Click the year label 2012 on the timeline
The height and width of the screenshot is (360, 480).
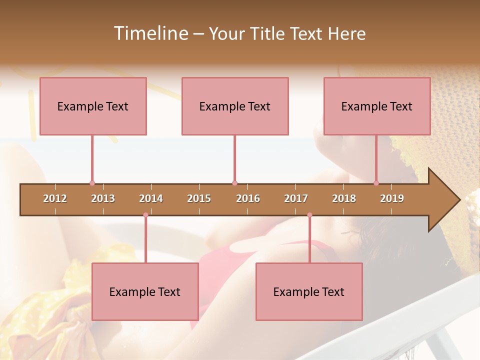pyautogui.click(x=55, y=198)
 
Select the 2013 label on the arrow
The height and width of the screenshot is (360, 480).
pyautogui.click(x=103, y=198)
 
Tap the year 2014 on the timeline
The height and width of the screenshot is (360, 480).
pyautogui.click(x=151, y=198)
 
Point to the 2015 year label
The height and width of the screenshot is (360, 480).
pyautogui.click(x=199, y=198)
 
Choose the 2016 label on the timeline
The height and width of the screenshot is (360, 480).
pyautogui.click(x=248, y=198)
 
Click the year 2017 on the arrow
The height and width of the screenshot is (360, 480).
pyautogui.click(x=296, y=198)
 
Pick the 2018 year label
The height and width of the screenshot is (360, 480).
pyautogui.click(x=344, y=198)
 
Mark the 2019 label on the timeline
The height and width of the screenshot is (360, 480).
pyautogui.click(x=392, y=198)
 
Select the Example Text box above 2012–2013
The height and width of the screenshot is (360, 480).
pyautogui.click(x=93, y=106)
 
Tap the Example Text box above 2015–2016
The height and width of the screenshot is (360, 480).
pyautogui.click(x=235, y=106)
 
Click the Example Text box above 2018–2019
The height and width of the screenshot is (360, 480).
pyautogui.click(x=377, y=106)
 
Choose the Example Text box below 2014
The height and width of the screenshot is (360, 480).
pyautogui.click(x=145, y=291)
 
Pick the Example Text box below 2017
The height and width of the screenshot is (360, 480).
pyautogui.click(x=309, y=291)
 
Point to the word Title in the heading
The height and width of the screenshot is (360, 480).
pyautogui.click(x=268, y=33)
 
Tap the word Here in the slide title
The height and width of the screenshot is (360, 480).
pyautogui.click(x=346, y=33)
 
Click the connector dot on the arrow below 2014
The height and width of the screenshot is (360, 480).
pyautogui.click(x=145, y=215)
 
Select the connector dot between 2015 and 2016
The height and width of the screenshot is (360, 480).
pyautogui.click(x=234, y=183)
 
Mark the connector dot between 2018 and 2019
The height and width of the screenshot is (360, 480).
pyautogui.click(x=376, y=183)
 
